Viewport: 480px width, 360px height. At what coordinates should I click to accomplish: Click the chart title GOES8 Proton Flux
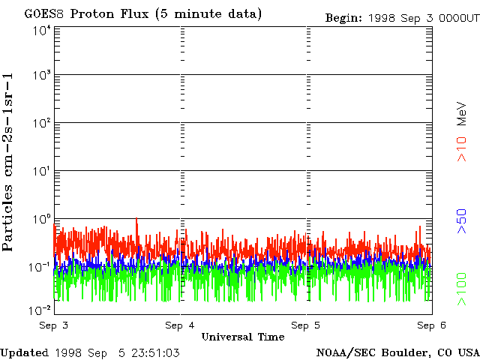[143, 13]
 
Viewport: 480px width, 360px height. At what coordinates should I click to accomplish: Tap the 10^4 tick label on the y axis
[41, 30]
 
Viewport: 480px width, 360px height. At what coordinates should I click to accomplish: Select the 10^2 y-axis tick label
[41, 122]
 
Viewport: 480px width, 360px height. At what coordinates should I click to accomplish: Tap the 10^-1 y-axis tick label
[40, 266]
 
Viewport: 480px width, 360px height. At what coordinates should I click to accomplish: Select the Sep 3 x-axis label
[54, 325]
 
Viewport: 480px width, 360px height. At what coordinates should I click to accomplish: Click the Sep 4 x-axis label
[180, 325]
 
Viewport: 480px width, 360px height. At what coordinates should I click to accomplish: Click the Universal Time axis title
[242, 337]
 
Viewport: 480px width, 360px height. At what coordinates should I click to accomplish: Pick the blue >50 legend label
[463, 222]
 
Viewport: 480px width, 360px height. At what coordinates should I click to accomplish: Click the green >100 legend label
[463, 289]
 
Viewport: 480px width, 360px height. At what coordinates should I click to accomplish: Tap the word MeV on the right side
[463, 114]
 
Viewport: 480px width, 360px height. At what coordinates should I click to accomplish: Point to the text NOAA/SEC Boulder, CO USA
[397, 352]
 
